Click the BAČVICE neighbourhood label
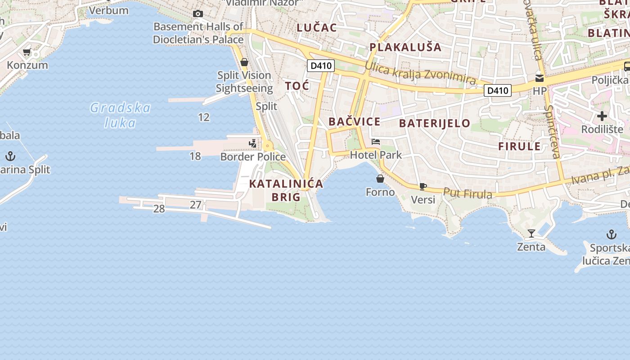click(354, 121)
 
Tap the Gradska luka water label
click(120, 115)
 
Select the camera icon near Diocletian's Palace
click(198, 14)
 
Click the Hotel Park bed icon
click(376, 142)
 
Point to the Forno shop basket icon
click(380, 179)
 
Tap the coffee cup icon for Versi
click(423, 186)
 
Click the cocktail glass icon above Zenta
click(531, 234)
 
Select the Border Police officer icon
click(253, 144)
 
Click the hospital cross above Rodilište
click(602, 116)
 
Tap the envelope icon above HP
click(540, 78)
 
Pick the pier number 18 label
click(195, 156)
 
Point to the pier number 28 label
click(159, 209)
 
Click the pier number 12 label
click(204, 117)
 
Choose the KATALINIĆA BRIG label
click(286, 190)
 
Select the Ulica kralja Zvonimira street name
click(420, 74)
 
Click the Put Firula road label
click(468, 193)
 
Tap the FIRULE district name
click(519, 146)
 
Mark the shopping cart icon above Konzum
click(27, 53)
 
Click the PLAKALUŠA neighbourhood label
click(405, 47)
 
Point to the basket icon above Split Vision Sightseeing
click(244, 62)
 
